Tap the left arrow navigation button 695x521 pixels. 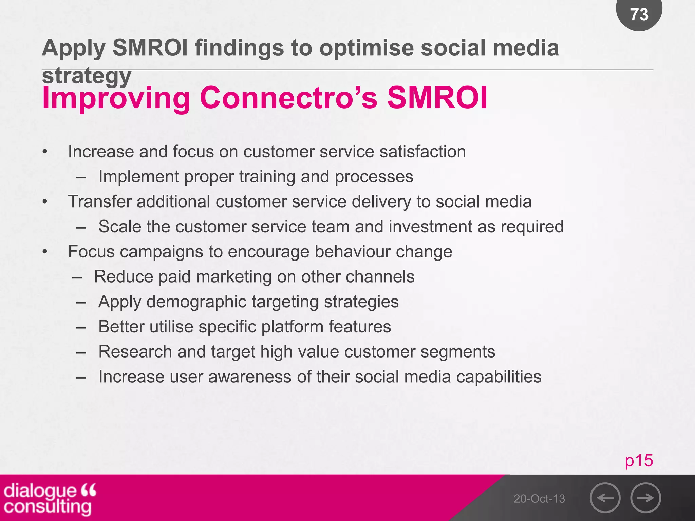point(605,498)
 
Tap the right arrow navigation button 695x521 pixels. point(645,498)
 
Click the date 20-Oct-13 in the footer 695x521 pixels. point(539,499)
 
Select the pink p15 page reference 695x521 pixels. point(639,461)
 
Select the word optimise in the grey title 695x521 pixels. point(367,47)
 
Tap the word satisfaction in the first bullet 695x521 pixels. point(422,152)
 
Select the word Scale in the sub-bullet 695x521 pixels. point(120,227)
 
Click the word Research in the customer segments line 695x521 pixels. point(135,352)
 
